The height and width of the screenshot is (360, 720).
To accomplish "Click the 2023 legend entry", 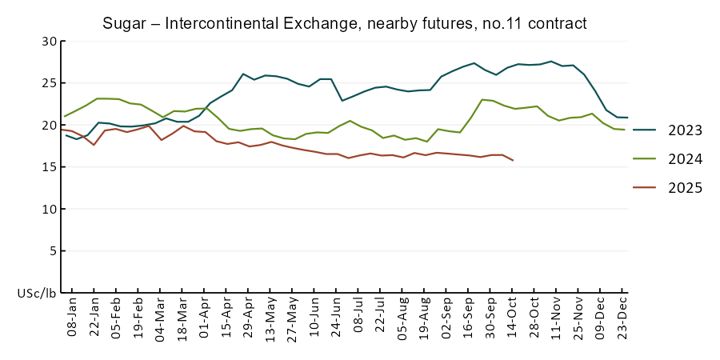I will [x=685, y=130].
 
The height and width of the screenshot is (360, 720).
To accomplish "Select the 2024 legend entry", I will [x=685, y=159].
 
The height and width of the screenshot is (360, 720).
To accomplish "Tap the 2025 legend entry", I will [x=685, y=188].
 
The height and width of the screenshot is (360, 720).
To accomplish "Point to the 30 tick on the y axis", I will [x=50, y=41].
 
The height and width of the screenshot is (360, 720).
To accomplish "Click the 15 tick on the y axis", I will [x=50, y=167].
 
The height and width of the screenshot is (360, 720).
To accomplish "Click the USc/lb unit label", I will [x=37, y=294].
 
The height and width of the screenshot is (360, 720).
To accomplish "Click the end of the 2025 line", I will [x=513, y=161].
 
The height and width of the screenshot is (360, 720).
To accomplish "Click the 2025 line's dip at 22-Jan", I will [x=94, y=145].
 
